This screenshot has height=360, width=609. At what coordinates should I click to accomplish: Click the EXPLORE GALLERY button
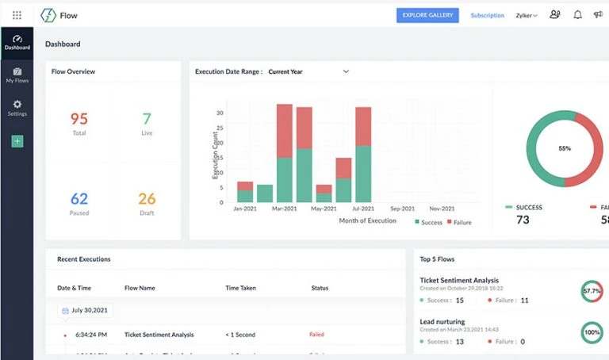click(x=427, y=15)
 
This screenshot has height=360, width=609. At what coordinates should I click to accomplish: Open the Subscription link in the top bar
click(x=487, y=15)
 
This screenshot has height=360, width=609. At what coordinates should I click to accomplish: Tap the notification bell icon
click(x=577, y=15)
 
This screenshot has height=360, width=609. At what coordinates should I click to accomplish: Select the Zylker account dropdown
click(x=527, y=15)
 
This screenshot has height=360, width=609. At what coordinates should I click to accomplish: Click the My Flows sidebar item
click(x=17, y=75)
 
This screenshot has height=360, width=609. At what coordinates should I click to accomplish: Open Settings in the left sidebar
click(x=17, y=108)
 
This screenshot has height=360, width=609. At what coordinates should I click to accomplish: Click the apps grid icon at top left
click(x=17, y=15)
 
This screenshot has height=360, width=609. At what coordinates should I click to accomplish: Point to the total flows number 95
click(x=79, y=119)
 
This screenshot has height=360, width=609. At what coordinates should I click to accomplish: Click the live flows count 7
click(x=147, y=119)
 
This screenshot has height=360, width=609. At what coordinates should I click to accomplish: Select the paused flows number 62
click(x=79, y=198)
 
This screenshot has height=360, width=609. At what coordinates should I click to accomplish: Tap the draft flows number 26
click(x=147, y=198)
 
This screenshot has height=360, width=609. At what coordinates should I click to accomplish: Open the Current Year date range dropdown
click(x=308, y=71)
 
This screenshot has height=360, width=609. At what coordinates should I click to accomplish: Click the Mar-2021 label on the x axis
click(x=285, y=209)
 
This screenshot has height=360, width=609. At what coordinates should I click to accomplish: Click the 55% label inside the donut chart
click(x=565, y=148)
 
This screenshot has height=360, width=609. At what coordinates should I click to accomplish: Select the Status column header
click(x=320, y=288)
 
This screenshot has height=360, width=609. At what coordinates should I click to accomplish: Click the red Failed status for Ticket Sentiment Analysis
click(x=316, y=335)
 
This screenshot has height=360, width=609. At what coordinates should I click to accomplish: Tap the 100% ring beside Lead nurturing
click(x=592, y=333)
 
